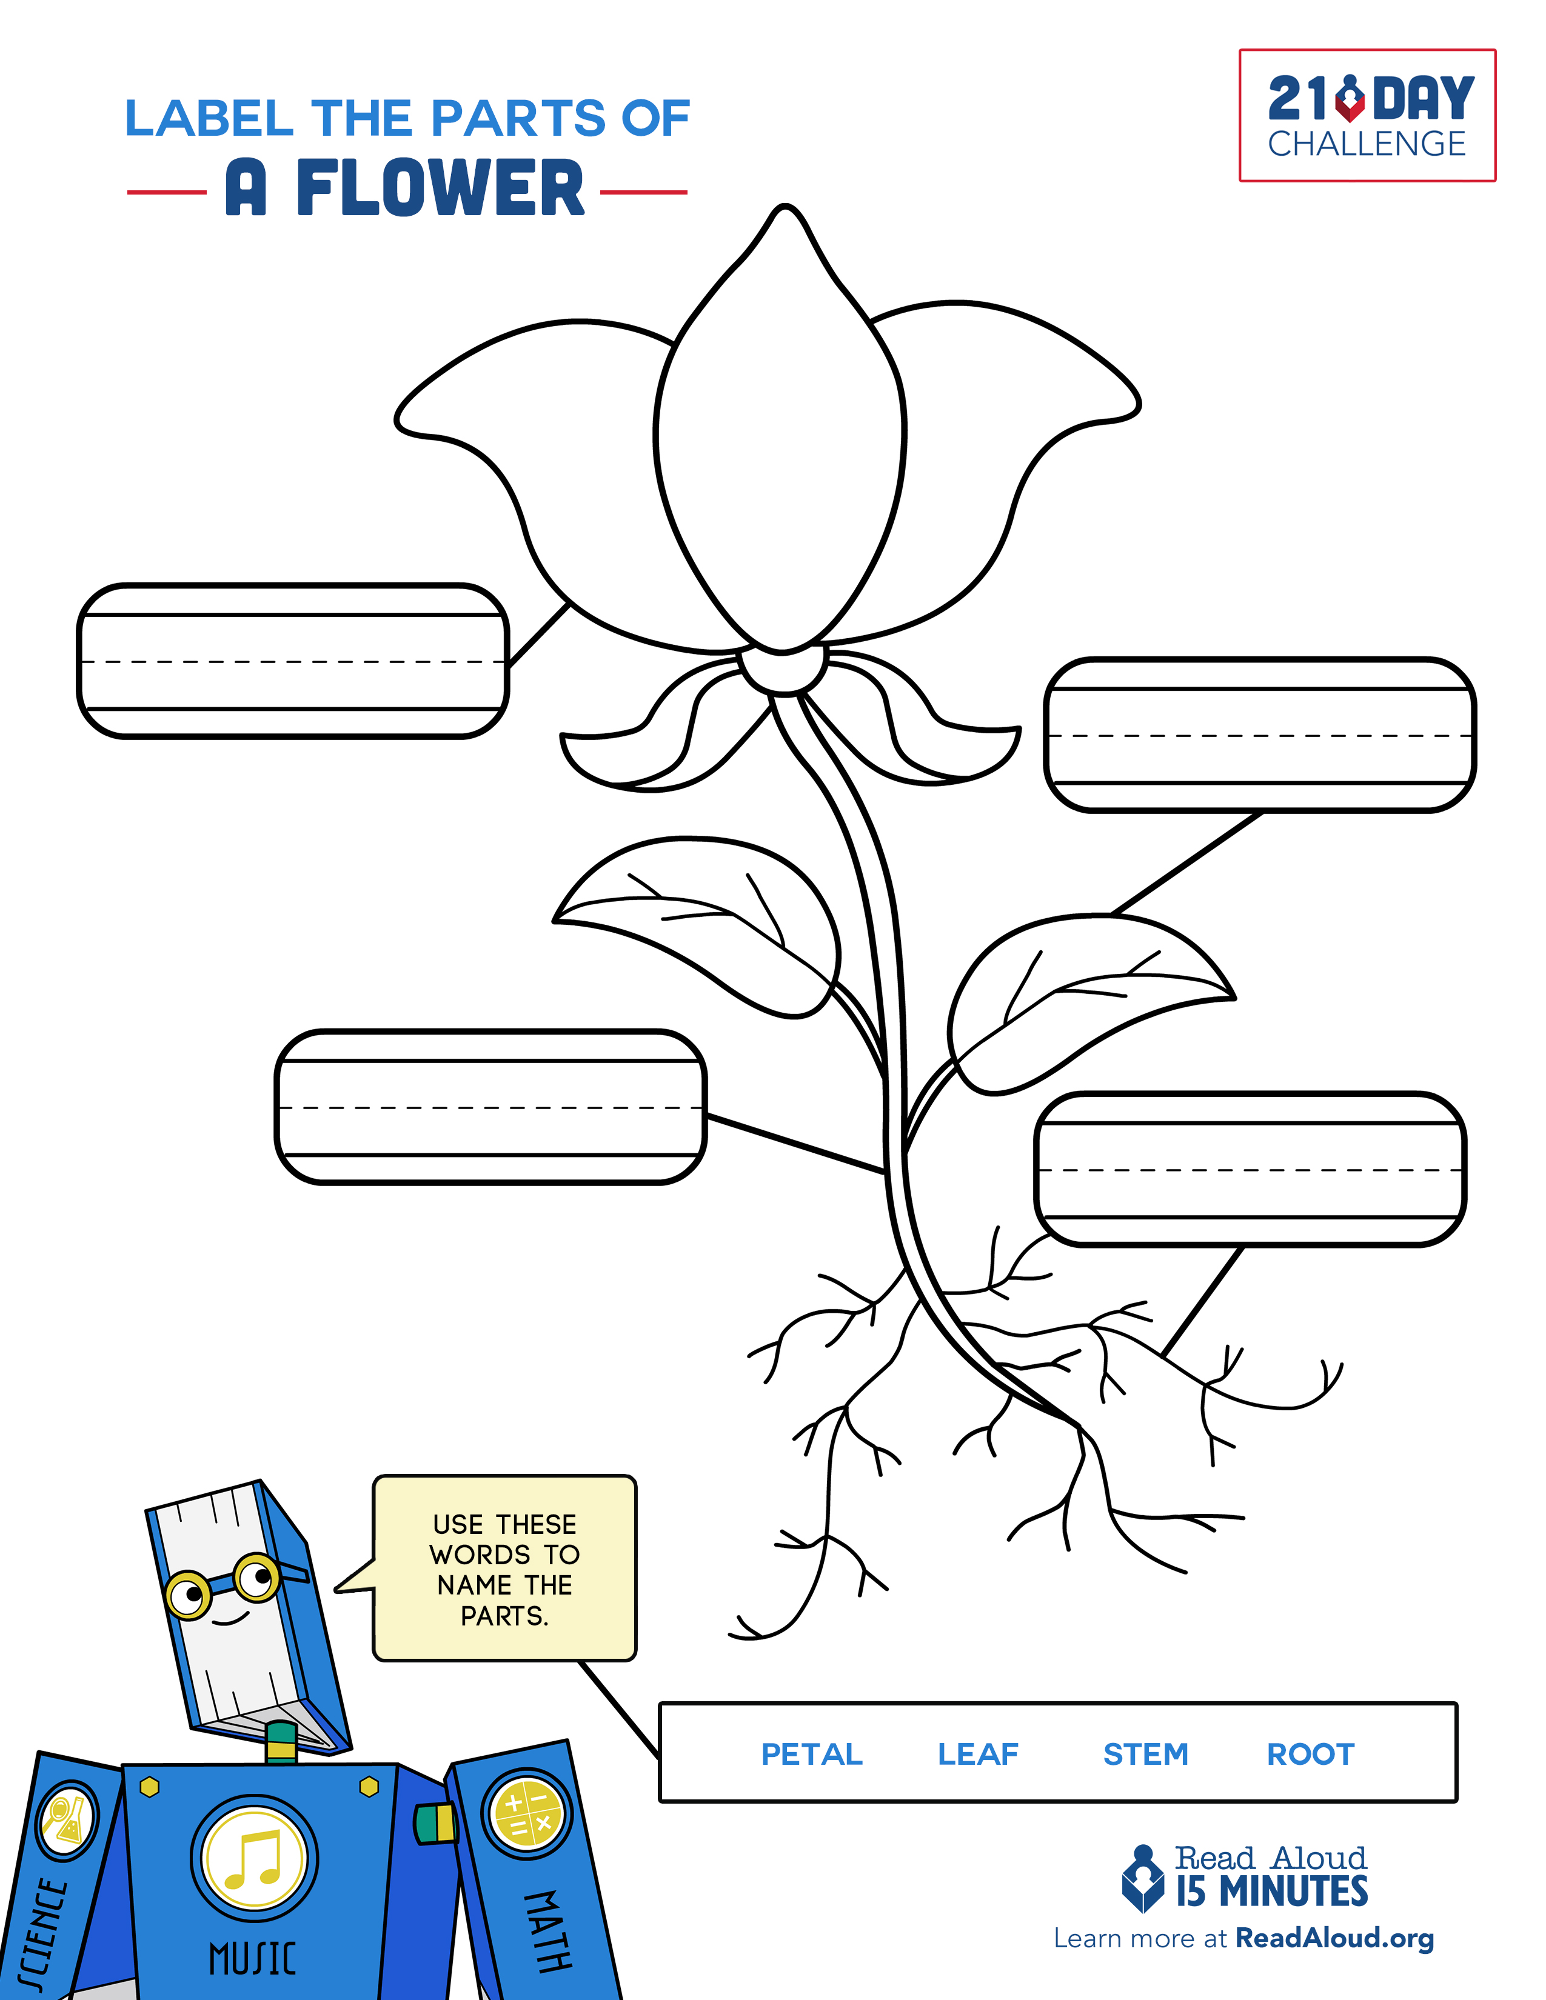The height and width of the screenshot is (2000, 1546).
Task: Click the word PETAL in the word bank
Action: click(x=811, y=1754)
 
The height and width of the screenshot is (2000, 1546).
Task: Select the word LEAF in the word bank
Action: click(x=977, y=1754)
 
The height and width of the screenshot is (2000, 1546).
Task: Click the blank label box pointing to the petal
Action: click(x=293, y=660)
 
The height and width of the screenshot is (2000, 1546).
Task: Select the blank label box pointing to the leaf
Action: click(x=1259, y=735)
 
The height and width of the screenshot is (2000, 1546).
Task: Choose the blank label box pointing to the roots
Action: click(x=1250, y=1170)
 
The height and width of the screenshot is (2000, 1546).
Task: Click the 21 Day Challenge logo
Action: click(x=1367, y=115)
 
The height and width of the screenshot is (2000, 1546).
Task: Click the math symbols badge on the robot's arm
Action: click(x=527, y=1814)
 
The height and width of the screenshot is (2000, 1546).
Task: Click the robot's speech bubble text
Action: click(x=504, y=1570)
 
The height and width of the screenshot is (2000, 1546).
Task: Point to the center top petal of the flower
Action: click(x=780, y=430)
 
